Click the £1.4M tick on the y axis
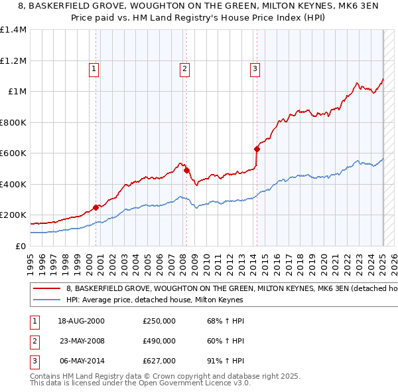[x=13, y=30]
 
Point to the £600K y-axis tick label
[x=13, y=153]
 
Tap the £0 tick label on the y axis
[x=21, y=246]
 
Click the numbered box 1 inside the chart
[x=94, y=68]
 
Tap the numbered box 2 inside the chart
[x=184, y=68]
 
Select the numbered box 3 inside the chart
[x=255, y=68]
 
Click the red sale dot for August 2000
[x=96, y=207]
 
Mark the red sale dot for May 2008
[x=187, y=170]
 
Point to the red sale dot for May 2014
[x=257, y=149]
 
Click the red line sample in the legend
[x=47, y=289]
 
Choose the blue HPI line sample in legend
[x=47, y=300]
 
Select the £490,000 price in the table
[x=159, y=341]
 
